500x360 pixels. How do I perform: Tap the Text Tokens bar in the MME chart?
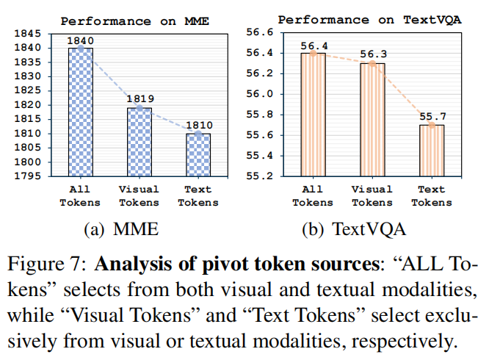(198, 155)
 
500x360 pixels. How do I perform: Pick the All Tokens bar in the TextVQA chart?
(313, 115)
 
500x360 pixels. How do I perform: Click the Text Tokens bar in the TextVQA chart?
(432, 151)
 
